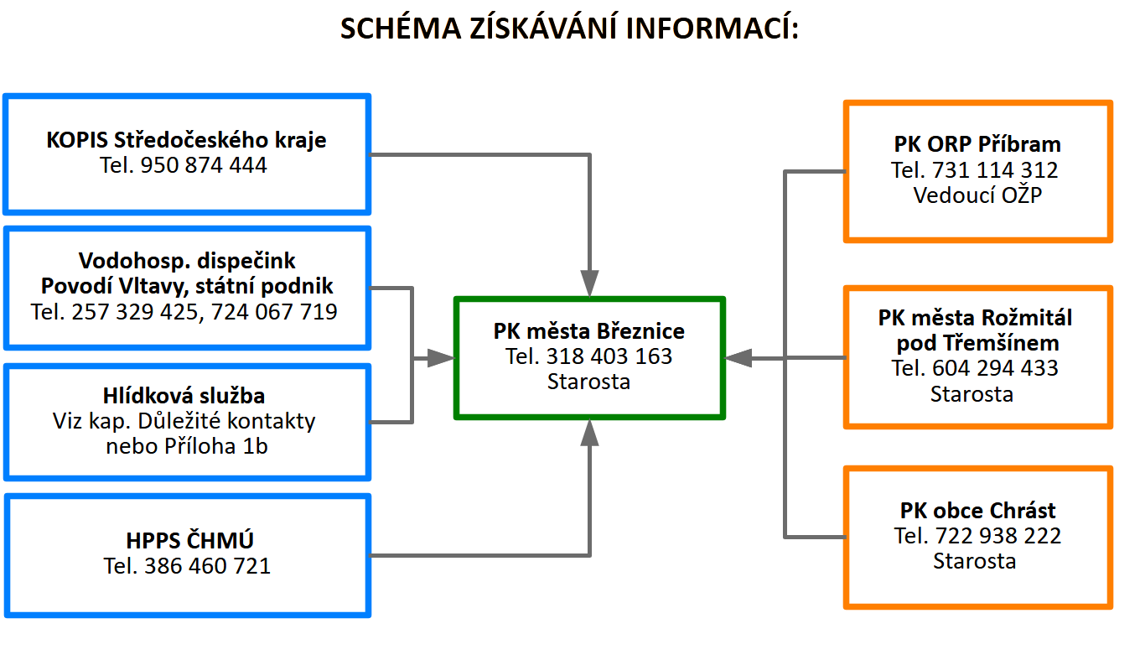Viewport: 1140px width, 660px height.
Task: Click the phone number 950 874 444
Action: coord(204,165)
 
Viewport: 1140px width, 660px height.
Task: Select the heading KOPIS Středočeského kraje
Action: coord(186,139)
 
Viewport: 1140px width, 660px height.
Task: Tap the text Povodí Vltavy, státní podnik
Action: coord(187,286)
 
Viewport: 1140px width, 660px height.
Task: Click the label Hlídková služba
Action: coord(186,395)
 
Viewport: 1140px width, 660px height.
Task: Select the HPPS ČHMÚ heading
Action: coord(186,540)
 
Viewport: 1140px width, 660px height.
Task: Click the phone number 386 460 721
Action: coord(208,566)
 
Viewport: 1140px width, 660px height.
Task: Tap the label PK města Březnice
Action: coord(589,330)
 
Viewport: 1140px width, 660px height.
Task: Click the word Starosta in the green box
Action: coord(589,382)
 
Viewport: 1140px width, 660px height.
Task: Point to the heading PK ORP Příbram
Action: coord(977,143)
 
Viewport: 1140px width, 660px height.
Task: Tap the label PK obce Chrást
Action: coord(977,510)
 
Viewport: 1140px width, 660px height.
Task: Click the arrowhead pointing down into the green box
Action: coord(590,283)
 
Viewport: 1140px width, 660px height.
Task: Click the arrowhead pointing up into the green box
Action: coord(590,432)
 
